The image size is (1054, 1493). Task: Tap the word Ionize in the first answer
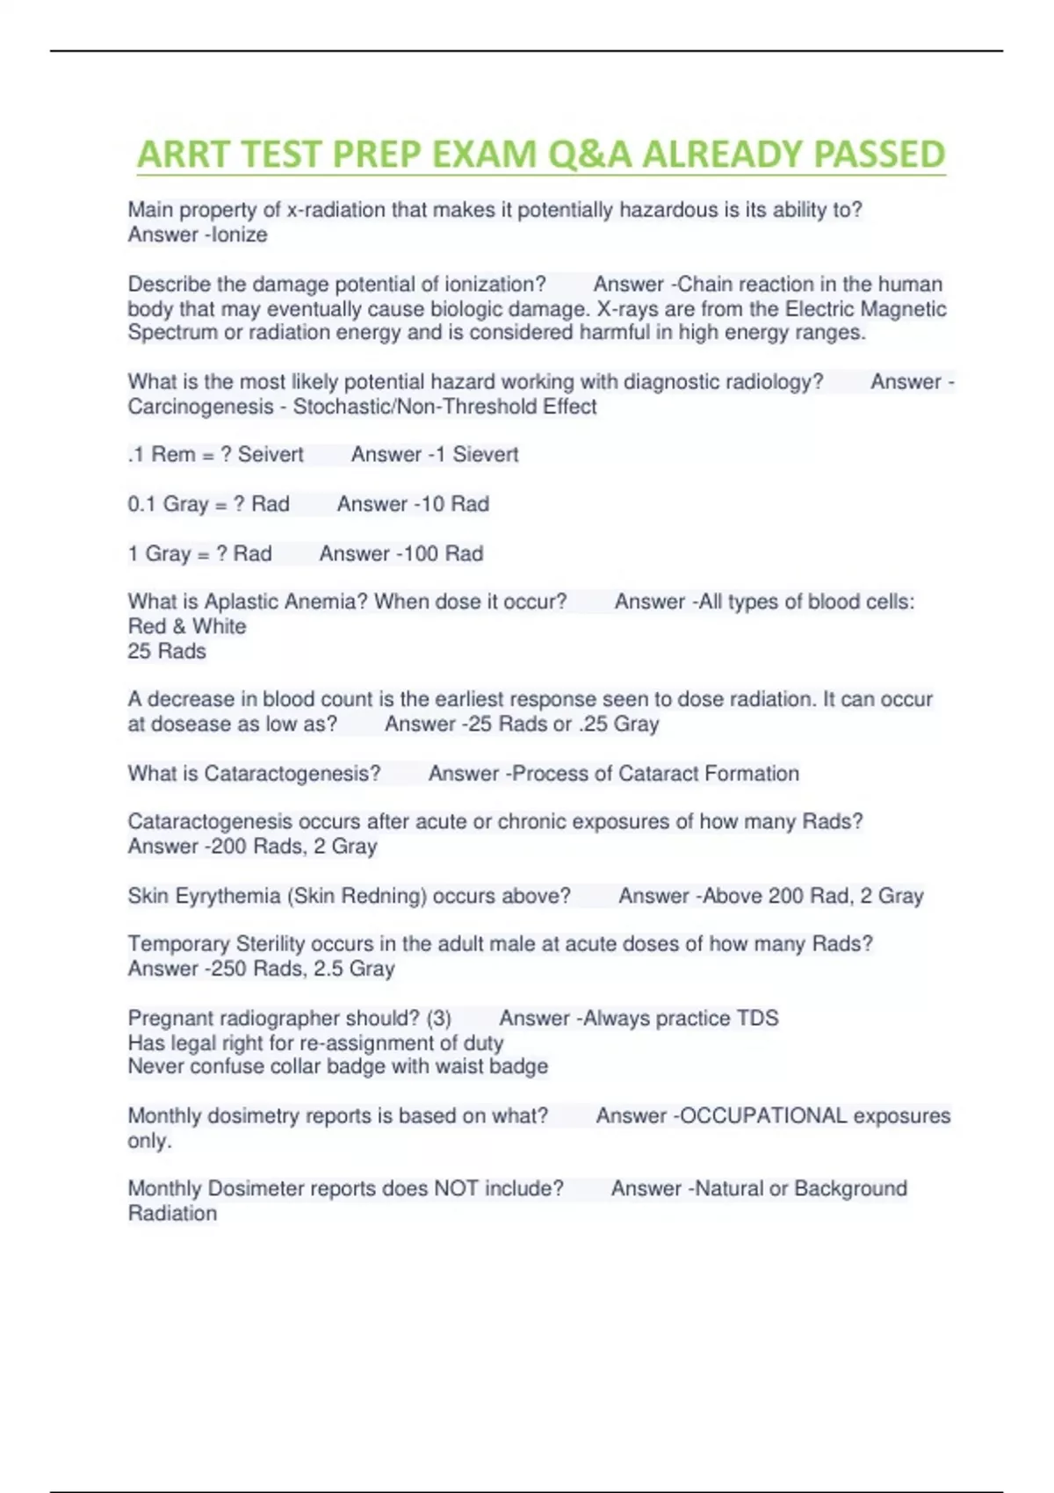[x=240, y=234]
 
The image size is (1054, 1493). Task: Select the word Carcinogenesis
[x=200, y=407]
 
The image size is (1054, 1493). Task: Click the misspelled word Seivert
[x=271, y=454]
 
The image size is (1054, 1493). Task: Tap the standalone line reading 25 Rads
[x=167, y=651]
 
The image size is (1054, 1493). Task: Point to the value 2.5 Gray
[x=354, y=969]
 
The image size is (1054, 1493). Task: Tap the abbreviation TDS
[x=757, y=1018]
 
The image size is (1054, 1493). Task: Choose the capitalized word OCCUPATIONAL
[x=763, y=1115]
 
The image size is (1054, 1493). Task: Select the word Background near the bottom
[x=850, y=1188]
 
